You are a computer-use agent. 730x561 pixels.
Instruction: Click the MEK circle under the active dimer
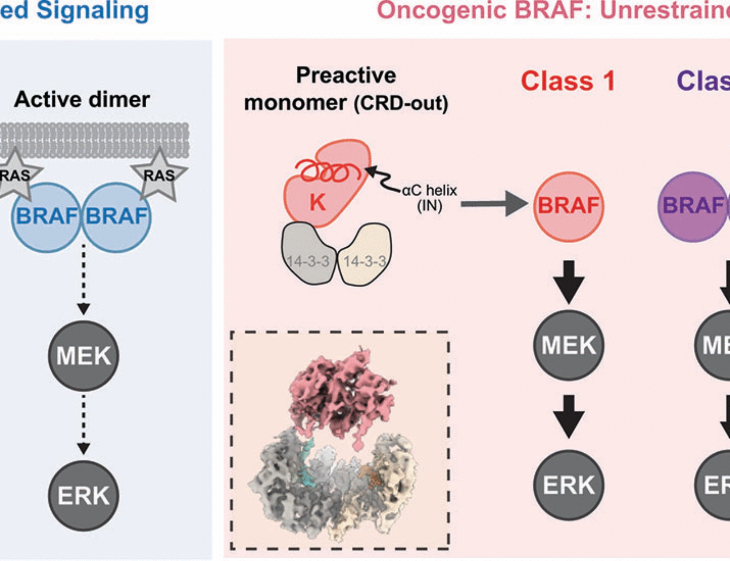point(84,356)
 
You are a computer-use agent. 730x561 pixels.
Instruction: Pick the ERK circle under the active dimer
point(84,495)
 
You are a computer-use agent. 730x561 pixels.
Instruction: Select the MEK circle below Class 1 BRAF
point(568,345)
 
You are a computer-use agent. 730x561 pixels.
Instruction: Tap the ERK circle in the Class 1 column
point(568,485)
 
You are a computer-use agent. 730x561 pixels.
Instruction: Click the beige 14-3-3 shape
point(365,255)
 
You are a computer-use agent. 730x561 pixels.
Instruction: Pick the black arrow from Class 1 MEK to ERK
point(568,416)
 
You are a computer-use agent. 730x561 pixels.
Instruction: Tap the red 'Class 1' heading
point(568,81)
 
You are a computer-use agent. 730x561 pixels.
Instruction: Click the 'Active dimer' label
point(82,100)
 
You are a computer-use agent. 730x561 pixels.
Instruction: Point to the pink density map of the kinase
point(341,394)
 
